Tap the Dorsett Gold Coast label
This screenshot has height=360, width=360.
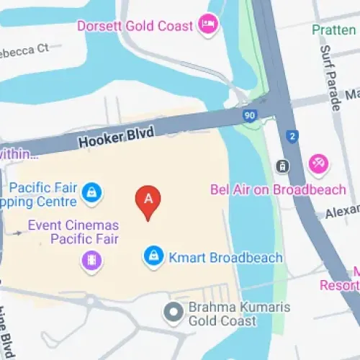[136, 26]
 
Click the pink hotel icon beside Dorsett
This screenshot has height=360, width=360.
[209, 25]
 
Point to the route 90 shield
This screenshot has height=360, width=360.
[250, 116]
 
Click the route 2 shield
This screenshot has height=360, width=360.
[292, 135]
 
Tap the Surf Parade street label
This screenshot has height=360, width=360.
[333, 75]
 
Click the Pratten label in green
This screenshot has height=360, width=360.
[334, 30]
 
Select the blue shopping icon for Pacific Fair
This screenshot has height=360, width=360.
[91, 192]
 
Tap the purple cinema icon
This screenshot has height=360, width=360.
[91, 260]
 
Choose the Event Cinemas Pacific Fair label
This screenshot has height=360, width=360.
[73, 232]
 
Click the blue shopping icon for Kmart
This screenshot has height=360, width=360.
[153, 256]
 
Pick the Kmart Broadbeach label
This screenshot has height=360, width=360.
[224, 257]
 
